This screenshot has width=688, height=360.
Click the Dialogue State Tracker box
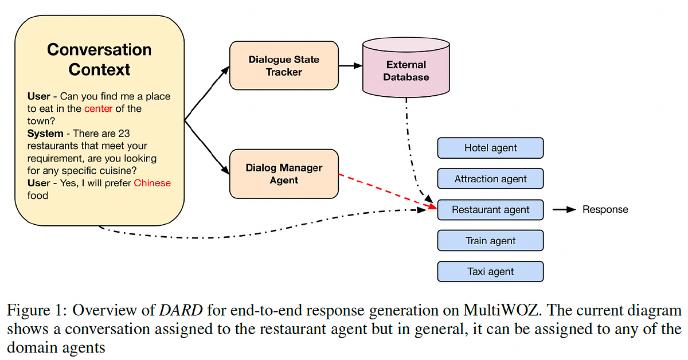pos(284,65)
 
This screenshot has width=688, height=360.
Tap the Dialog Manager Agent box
pos(284,174)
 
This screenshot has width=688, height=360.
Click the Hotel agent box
pos(490,148)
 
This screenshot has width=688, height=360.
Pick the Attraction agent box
pos(490,179)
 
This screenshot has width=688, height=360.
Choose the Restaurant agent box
pos(490,210)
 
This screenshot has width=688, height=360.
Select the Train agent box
pos(490,241)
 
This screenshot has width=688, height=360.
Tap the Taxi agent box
pos(490,272)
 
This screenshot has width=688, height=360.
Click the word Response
pos(605,210)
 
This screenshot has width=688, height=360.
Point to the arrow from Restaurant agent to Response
pos(564,210)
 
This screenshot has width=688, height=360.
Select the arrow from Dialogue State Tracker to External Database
pos(350,65)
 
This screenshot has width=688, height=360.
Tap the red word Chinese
pos(152,183)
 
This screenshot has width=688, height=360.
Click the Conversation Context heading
pos(99,59)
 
